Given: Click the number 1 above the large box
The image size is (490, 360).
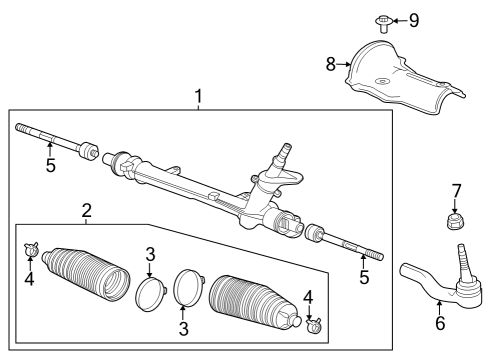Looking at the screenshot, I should pyautogui.click(x=198, y=97).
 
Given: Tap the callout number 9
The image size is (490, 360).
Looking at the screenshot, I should pyautogui.click(x=413, y=19).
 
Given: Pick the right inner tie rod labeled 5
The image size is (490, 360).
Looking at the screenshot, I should pyautogui.click(x=345, y=241).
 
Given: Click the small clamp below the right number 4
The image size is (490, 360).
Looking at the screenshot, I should pyautogui.click(x=311, y=323).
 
